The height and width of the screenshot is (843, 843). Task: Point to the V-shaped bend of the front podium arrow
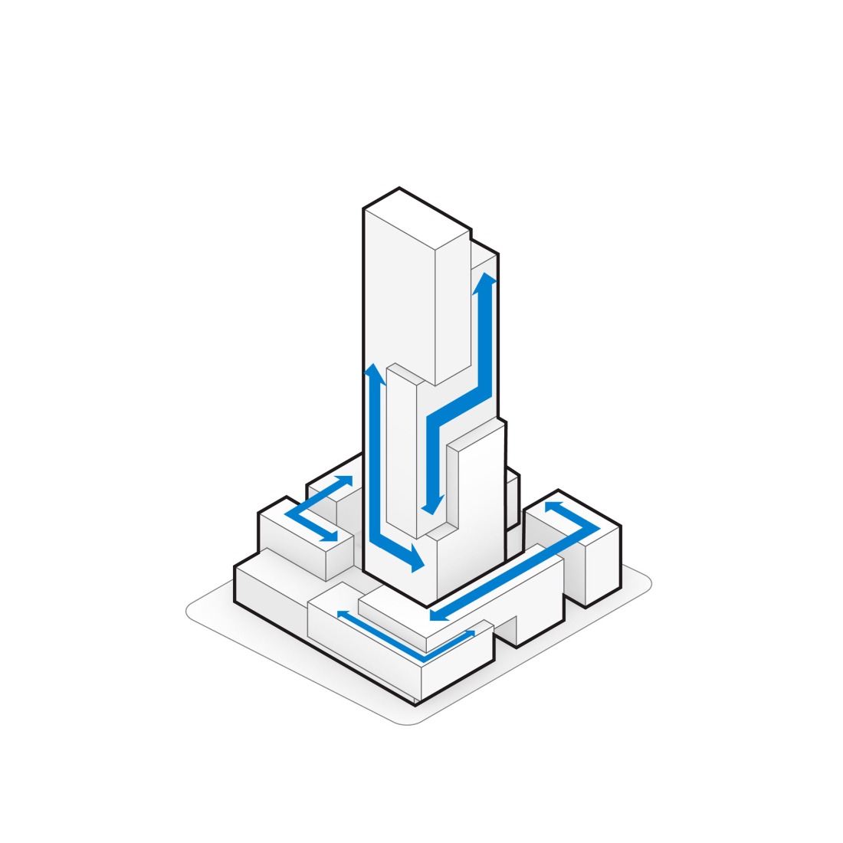tap(424, 658)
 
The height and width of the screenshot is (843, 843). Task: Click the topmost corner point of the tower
tap(399, 188)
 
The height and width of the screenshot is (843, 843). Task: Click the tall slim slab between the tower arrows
tap(401, 452)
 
